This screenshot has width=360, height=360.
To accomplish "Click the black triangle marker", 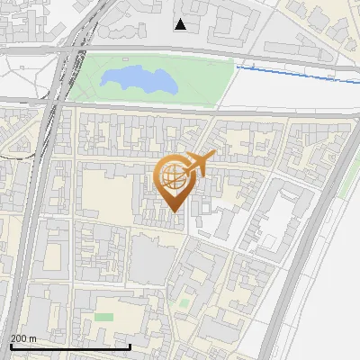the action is [181, 24].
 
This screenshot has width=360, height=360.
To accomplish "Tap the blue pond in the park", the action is [136, 79].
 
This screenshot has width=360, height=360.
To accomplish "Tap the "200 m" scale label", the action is [23, 338].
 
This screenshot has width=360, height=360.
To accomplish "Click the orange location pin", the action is [173, 180].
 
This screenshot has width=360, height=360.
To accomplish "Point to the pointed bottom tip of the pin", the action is [173, 211].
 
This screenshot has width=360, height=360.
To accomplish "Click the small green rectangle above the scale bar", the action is [104, 317].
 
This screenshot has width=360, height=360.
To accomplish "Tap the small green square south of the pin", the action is [184, 303].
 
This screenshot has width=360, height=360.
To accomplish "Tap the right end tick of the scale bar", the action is [130, 345].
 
